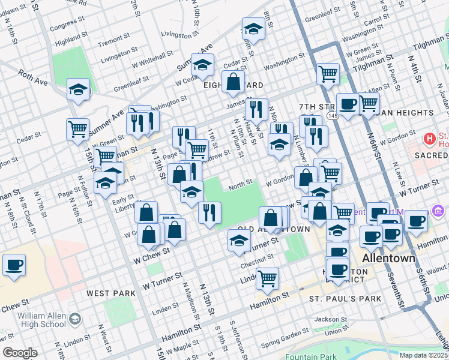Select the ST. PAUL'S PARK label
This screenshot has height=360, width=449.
[345, 298]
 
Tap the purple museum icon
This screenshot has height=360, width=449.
[437, 213]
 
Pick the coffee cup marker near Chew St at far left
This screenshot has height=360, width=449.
[14, 265]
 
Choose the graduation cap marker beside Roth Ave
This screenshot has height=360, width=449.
[78, 90]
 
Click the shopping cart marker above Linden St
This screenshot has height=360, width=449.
[267, 277]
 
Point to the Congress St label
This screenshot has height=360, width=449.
[64, 27]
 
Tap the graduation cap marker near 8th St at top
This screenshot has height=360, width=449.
[253, 29]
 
